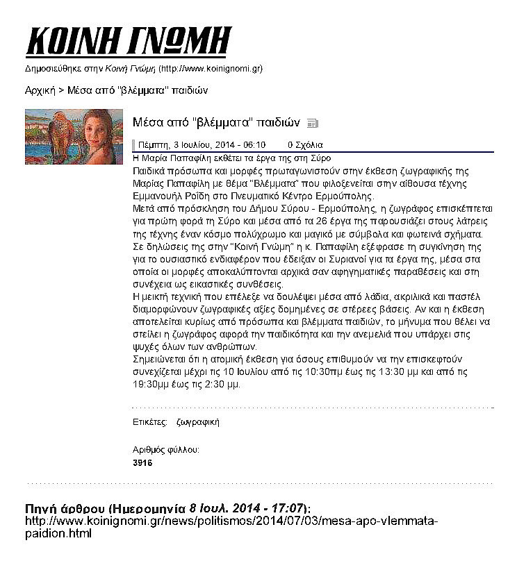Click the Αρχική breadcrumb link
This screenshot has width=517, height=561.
[x=40, y=90]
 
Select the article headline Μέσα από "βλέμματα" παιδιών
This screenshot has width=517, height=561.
[x=216, y=123]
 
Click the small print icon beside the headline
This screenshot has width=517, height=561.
[x=312, y=124]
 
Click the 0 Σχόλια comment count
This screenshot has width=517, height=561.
[x=305, y=146]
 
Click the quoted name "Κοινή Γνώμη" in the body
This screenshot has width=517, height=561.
[x=233, y=246]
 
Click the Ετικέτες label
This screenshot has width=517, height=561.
[x=149, y=421]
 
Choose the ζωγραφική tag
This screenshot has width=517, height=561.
[x=198, y=421]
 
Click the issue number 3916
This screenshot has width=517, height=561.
[x=142, y=462]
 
